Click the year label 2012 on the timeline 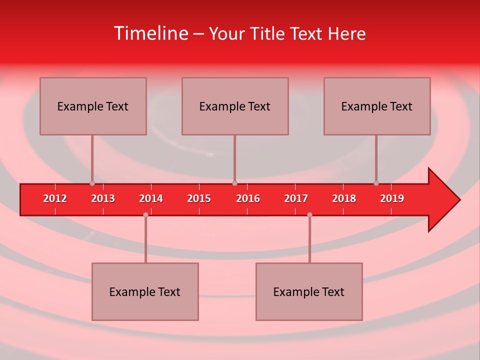55,198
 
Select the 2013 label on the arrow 103,198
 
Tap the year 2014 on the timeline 151,198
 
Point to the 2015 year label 199,198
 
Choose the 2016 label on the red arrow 248,198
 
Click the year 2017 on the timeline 296,198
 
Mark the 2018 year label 344,198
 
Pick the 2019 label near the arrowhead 392,198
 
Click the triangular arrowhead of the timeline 442,200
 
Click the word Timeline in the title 150,33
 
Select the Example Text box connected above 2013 93,106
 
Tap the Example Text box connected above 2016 235,106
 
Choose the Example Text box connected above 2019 377,106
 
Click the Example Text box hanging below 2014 145,291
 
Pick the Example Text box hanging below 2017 309,291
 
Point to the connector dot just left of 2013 92,183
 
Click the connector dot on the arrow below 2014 145,214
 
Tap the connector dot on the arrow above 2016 234,183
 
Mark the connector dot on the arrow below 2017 309,214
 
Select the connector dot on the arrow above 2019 376,183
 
